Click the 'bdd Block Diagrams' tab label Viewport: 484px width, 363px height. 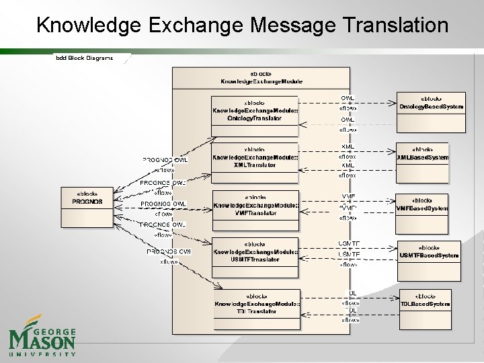pos(83,58)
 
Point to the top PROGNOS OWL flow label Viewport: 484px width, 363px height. pos(165,160)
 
